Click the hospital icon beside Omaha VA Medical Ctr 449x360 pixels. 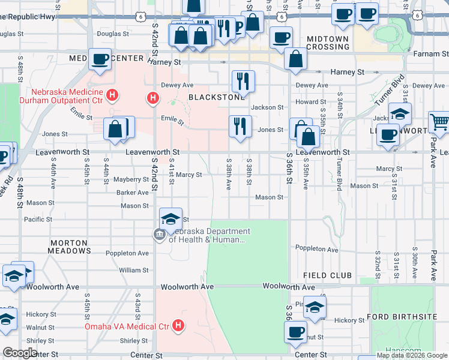click(x=178, y=326)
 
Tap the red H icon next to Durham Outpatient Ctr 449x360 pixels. click(x=111, y=95)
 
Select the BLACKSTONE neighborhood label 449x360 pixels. click(x=216, y=97)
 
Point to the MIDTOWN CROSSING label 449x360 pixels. click(x=327, y=43)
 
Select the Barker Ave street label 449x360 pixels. click(x=133, y=193)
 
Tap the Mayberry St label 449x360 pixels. click(x=131, y=179)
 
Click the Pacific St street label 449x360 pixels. click(x=38, y=220)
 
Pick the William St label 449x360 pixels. click(x=133, y=271)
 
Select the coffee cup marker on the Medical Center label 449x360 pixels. click(x=100, y=59)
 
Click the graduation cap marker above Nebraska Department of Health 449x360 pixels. click(x=170, y=218)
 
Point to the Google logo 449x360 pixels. click(x=19, y=353)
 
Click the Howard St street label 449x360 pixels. click(x=310, y=102)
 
